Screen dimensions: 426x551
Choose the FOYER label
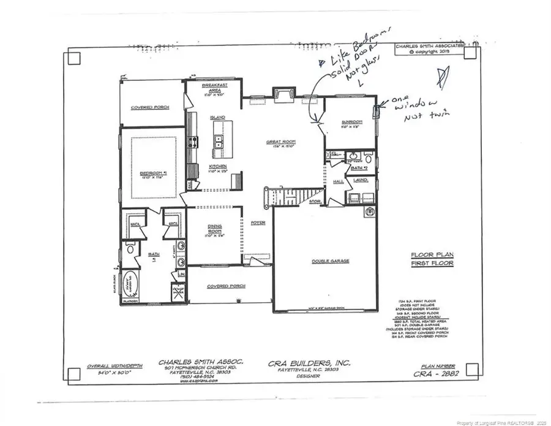tap(258, 223)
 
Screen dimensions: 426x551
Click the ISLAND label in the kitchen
tap(217, 117)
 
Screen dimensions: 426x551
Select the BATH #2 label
tap(358, 166)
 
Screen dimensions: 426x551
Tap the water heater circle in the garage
tap(369, 213)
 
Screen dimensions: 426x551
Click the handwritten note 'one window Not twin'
tap(407, 109)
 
